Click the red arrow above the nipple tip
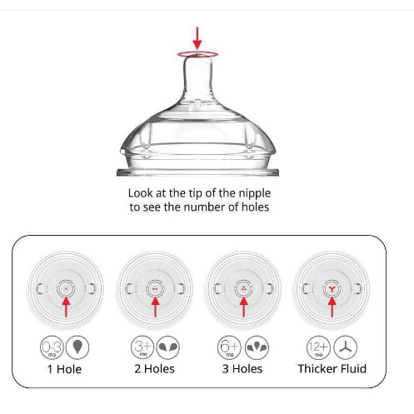[x=197, y=38]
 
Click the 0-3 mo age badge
[x=52, y=347]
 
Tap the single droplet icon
[x=77, y=347]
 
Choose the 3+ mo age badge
[x=142, y=347]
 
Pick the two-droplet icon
[x=167, y=347]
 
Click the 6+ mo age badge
[x=229, y=347]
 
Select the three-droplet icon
[x=257, y=347]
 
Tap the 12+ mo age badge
[x=318, y=347]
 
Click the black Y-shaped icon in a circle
[x=345, y=347]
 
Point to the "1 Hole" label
[x=64, y=369]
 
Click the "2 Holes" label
[x=155, y=369]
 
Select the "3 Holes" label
[x=242, y=369]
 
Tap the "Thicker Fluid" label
[x=332, y=369]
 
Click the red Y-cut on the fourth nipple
[x=332, y=289]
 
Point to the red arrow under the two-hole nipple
[x=155, y=307]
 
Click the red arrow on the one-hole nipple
[x=66, y=307]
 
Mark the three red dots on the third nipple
[x=244, y=289]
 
